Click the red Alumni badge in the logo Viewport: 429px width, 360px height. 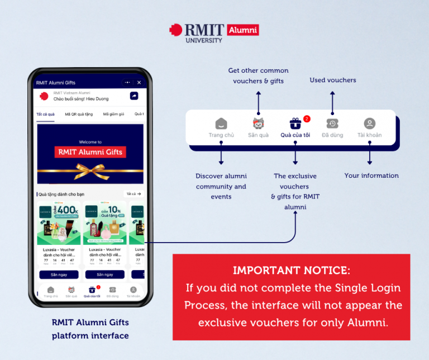click(244, 30)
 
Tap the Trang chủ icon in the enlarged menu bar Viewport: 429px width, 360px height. click(221, 124)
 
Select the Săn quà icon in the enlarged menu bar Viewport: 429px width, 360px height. click(258, 124)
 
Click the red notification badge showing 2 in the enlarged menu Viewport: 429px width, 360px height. click(307, 119)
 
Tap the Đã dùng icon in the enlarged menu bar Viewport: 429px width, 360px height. click(332, 124)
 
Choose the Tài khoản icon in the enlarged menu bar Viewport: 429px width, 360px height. click(369, 124)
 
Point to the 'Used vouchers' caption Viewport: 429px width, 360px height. click(333, 80)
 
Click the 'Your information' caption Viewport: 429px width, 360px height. click(371, 176)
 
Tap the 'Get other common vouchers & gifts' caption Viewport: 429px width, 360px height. click(258, 75)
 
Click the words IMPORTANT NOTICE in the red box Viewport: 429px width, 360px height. click(292, 271)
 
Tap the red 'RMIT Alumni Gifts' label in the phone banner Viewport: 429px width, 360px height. click(90, 151)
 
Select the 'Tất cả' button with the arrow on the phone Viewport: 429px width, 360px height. click(134, 194)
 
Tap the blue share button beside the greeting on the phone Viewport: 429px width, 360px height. click(134, 96)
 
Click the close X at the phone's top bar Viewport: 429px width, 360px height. click(139, 83)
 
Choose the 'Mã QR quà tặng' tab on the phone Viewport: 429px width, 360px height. click(78, 114)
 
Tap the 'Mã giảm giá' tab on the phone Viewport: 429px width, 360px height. click(113, 114)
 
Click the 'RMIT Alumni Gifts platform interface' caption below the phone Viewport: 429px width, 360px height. click(90, 329)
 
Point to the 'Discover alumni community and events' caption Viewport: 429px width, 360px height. click(221, 186)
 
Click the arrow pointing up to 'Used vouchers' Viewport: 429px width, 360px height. click(332, 101)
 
